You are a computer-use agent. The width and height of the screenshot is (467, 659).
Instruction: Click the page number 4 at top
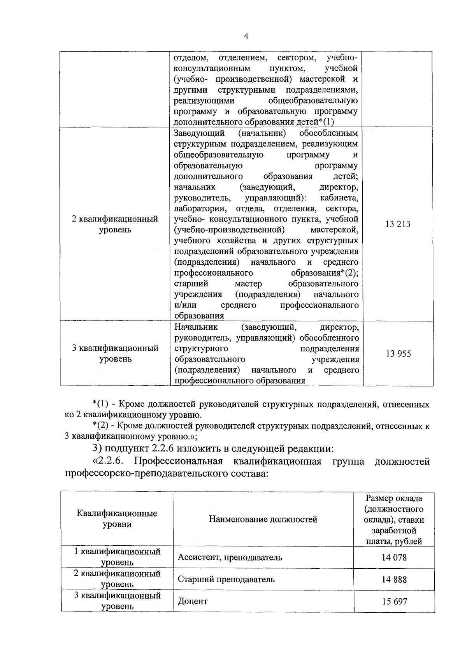246,36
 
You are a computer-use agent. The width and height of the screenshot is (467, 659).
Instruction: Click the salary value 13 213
398,224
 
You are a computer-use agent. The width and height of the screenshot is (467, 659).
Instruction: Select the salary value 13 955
398,354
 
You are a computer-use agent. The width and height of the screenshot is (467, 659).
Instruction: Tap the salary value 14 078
394,557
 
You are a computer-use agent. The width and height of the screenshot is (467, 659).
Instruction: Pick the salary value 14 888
394,579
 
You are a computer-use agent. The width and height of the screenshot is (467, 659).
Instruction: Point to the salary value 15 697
394,601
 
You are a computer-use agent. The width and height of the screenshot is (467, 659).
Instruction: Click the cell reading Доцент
193,601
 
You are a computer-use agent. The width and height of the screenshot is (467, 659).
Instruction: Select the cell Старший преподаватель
226,579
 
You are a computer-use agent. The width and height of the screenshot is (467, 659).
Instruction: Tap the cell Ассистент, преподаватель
230,557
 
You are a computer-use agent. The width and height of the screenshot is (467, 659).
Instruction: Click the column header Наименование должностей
263,519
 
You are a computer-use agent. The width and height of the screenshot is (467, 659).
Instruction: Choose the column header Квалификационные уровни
117,519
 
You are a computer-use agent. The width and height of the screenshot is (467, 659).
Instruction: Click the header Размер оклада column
394,520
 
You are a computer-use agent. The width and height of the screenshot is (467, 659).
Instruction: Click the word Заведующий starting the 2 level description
199,134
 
